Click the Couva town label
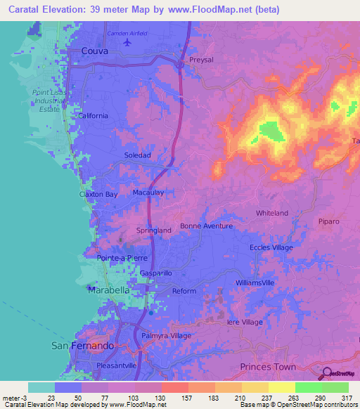pos(96,51)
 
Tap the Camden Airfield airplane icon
pos(127,42)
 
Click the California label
pos(93,116)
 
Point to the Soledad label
pos(138,155)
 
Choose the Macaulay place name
pos(148,191)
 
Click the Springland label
pos(153,230)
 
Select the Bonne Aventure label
pos(206,226)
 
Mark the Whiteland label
pos(272,213)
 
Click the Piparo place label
pos(328,221)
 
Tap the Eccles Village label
pos(271,247)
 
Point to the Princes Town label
pos(266,367)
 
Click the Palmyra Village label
pos(167,336)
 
